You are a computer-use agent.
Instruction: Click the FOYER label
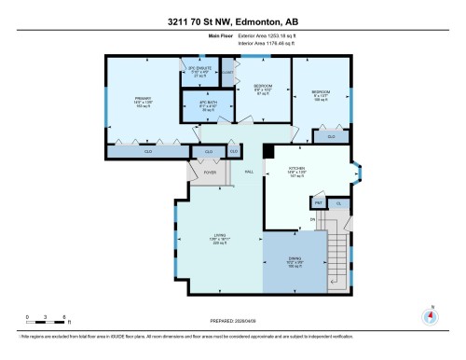(210, 172)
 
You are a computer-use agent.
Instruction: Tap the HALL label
(249, 172)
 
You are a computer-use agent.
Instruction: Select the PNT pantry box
(318, 203)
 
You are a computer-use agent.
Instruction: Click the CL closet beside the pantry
(338, 203)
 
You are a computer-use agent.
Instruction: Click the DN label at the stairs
(313, 219)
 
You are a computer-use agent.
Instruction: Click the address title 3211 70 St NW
(232, 11)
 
